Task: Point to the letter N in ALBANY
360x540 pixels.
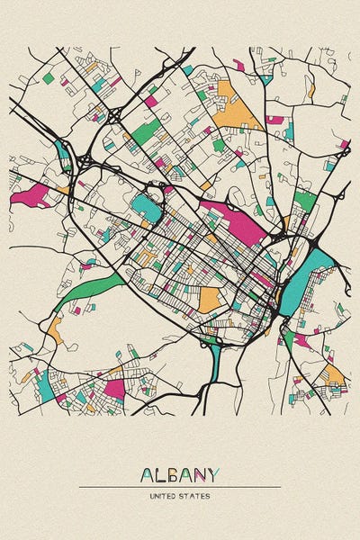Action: point(200,474)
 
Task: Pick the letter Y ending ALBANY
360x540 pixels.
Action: point(213,474)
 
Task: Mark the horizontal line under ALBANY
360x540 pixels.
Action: point(180,487)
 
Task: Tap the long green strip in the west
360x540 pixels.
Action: point(90,293)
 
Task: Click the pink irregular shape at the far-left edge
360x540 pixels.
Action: point(31,195)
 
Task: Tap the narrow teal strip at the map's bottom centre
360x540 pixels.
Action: point(214,359)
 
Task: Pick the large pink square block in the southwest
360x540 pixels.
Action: point(114,388)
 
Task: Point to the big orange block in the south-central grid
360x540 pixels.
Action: point(209,299)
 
